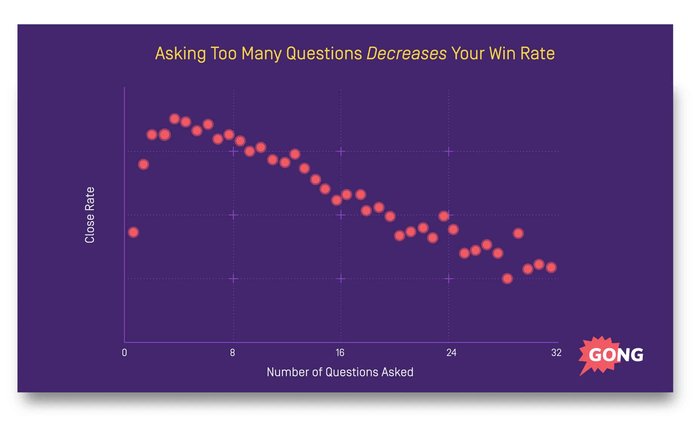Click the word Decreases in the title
point(407,54)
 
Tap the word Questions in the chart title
point(324,54)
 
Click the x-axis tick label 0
point(124,353)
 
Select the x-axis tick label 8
point(233,353)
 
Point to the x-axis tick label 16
point(340,353)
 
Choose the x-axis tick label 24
point(451,353)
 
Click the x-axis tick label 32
point(556,353)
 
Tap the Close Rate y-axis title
point(90,215)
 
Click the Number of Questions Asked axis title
point(340,372)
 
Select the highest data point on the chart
point(174,119)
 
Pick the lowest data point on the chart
point(507,279)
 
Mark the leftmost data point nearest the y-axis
point(133,232)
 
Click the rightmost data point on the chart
point(551,267)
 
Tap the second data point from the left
point(143,164)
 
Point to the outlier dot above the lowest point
point(518,233)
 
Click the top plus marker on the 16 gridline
point(341,152)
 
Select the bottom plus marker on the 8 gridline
point(233,279)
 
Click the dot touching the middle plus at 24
point(444,216)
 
